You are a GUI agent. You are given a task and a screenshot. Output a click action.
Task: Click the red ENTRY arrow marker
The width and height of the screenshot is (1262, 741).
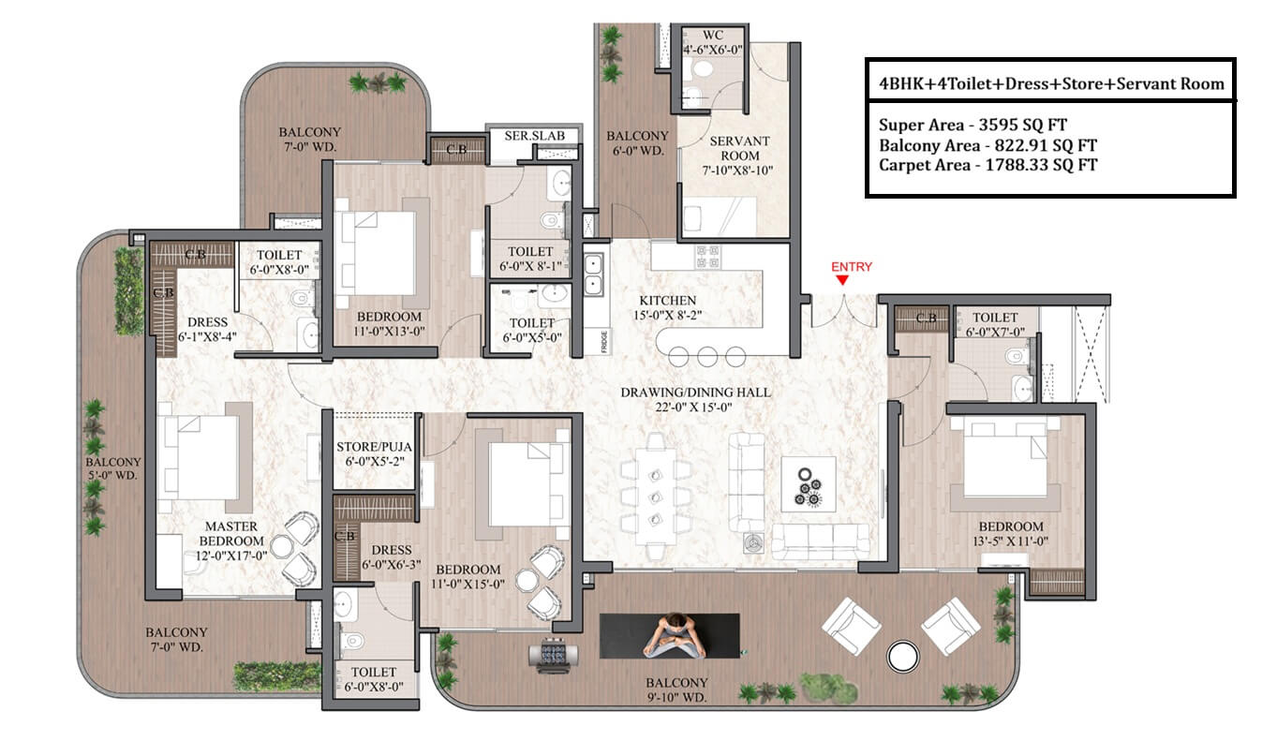coord(841,280)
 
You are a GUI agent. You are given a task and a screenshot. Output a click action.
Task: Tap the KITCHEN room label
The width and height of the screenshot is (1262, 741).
coord(668,301)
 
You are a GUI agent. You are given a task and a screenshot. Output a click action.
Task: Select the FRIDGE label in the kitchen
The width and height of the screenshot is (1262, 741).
coord(604,342)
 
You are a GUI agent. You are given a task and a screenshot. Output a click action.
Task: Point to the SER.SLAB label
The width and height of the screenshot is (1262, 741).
coord(534,136)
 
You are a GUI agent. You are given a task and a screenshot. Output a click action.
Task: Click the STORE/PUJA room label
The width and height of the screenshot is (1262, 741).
coord(374,447)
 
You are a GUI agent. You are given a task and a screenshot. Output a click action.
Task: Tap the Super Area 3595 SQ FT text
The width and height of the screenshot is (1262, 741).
coord(972,125)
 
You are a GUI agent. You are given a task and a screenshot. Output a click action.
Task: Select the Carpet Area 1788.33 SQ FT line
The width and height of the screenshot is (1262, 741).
coord(987,165)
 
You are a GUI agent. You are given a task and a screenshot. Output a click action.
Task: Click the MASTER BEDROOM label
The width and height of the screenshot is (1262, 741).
coord(231,534)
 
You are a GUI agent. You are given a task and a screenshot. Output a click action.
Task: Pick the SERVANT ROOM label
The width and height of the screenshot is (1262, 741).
coord(740,148)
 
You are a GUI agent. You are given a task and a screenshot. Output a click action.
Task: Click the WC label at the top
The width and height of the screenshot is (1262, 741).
coord(713,35)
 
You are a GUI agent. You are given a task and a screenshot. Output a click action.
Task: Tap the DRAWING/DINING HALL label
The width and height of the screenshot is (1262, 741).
coord(695,393)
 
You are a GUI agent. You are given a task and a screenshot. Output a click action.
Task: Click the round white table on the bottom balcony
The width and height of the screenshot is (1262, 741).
coord(902,657)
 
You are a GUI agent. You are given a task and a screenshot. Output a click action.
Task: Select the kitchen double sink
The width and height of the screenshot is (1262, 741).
coord(593,275)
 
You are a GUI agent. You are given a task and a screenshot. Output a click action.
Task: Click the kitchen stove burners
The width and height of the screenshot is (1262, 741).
coord(707,257)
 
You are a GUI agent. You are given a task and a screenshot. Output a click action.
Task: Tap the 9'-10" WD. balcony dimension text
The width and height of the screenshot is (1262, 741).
coord(676,697)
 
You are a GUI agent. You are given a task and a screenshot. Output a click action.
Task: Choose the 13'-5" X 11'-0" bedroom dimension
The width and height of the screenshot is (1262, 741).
coord(1010,541)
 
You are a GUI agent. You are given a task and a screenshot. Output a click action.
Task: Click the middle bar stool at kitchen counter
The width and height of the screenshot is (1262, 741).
coord(707,357)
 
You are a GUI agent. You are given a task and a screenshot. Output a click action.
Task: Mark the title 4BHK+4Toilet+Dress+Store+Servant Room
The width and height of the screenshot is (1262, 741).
coord(1051,84)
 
